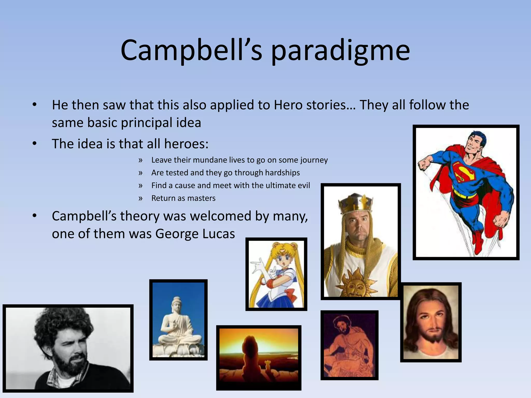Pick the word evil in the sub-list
tap(304, 186)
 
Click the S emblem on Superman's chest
tap(464, 172)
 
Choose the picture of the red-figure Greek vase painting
tap(349, 345)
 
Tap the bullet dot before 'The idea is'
tap(34, 144)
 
